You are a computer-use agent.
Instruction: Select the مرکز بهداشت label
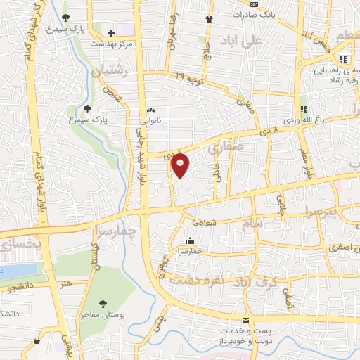pyautogui.click(x=112, y=43)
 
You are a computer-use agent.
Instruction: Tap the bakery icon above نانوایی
pyautogui.click(x=150, y=110)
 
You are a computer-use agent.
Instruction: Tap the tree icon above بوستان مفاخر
pyautogui.click(x=104, y=304)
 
